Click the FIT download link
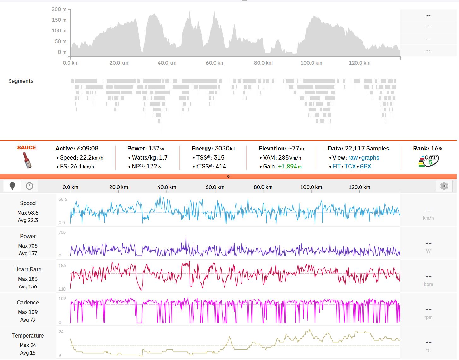[x=336, y=166]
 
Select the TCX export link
[x=350, y=166]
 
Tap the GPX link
[x=365, y=166]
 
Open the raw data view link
[x=353, y=157]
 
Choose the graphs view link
[x=370, y=157]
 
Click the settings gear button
[x=444, y=186]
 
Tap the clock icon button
[x=29, y=186]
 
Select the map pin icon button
[x=12, y=186]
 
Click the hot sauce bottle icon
[x=27, y=160]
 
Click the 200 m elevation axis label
[x=59, y=9]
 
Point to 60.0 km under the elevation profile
[x=215, y=63]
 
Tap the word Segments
[x=21, y=81]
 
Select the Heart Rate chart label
[x=28, y=269]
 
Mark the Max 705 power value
[x=28, y=246]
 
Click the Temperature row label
[x=28, y=336]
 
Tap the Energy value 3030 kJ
[x=224, y=148]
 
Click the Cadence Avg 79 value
[x=28, y=320]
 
